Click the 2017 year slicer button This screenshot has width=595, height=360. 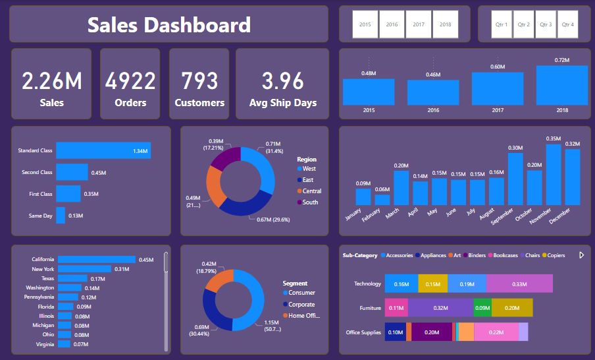(x=419, y=24)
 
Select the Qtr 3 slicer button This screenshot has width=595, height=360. (x=546, y=24)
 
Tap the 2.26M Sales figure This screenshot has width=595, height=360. (x=51, y=80)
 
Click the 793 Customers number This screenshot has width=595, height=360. (x=199, y=80)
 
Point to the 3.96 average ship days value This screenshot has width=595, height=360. (x=283, y=80)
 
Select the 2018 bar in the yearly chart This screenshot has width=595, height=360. (x=562, y=85)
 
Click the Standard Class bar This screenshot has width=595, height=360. (x=103, y=150)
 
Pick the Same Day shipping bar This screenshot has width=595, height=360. (x=61, y=216)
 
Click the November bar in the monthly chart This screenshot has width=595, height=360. (x=554, y=175)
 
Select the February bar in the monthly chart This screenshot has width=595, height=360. (x=382, y=200)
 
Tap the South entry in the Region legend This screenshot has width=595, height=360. (x=308, y=202)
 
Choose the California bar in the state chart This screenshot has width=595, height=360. (x=97, y=259)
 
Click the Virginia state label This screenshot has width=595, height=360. (x=45, y=344)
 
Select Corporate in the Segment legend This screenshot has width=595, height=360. (x=299, y=305)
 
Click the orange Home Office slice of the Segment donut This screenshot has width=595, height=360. (x=219, y=280)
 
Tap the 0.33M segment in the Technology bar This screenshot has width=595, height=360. (x=519, y=284)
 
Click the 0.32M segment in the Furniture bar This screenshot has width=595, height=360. (x=440, y=308)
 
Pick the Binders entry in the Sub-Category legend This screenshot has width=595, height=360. (x=475, y=255)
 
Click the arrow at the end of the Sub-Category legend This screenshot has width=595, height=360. (x=581, y=255)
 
